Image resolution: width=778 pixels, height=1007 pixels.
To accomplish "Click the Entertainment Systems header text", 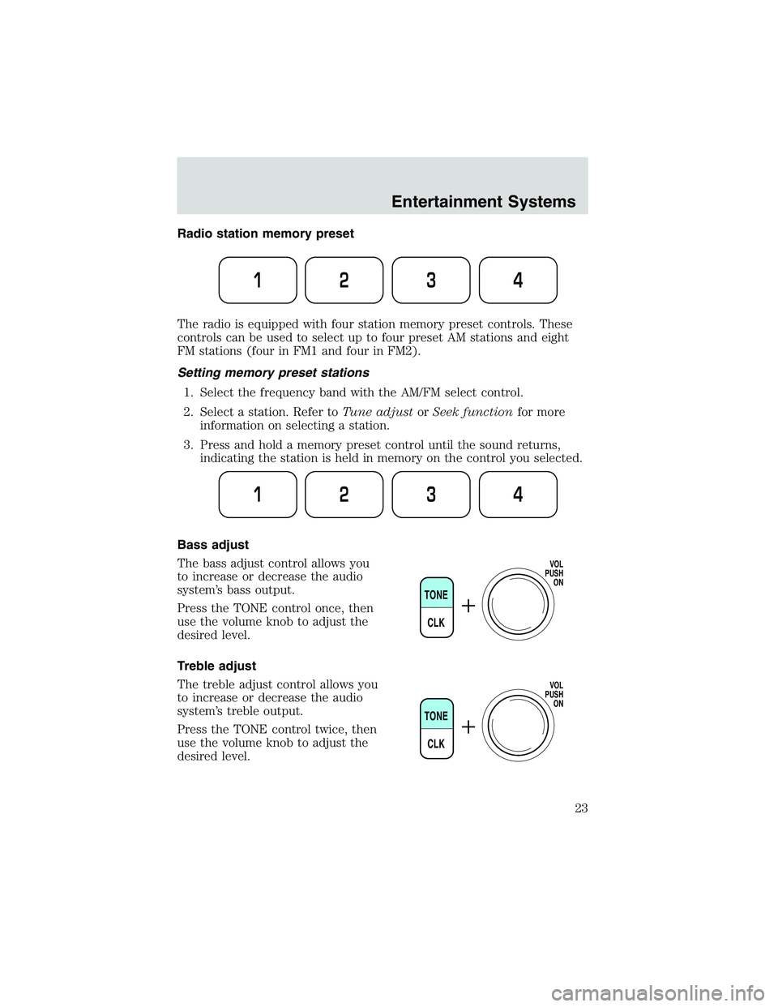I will point(483,202).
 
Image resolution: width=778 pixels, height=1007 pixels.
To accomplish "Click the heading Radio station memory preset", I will point(265,234).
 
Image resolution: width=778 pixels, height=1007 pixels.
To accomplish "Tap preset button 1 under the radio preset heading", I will point(258,280).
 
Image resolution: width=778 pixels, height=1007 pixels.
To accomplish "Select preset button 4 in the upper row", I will point(518,280).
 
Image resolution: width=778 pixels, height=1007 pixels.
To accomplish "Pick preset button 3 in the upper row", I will point(431,280).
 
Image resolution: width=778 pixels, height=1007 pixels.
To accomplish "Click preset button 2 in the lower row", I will point(344,495).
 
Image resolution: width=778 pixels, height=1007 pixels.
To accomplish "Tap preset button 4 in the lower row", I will point(518,495).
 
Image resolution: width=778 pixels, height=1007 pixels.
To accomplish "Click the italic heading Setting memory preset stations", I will point(272,373).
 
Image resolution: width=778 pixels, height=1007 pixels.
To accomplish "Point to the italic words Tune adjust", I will point(382,412).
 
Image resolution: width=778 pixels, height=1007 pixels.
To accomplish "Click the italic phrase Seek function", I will point(472,412).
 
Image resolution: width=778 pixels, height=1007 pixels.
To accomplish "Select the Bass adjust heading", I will point(212,545).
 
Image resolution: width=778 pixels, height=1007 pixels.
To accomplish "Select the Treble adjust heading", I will point(216,666).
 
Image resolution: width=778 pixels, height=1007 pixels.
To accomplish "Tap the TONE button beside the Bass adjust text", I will point(436,595).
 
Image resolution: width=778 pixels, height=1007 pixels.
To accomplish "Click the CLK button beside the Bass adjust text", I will point(436,623).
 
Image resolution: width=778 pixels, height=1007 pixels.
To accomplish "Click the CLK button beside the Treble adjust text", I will point(436,743).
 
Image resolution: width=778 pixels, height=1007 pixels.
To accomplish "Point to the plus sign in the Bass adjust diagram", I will point(468,606).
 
